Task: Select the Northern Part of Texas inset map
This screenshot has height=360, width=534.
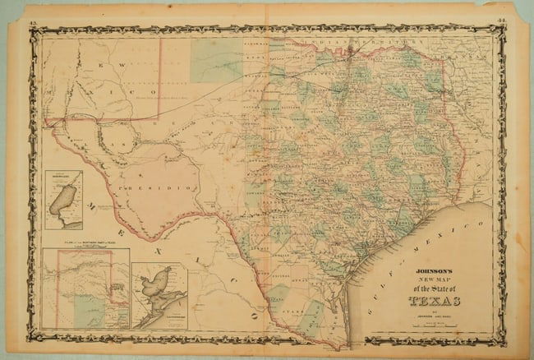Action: [x=86, y=288]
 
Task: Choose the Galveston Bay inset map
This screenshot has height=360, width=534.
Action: [x=159, y=294]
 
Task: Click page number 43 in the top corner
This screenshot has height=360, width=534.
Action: [x=33, y=8]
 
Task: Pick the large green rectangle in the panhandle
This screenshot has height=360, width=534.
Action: [x=215, y=59]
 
